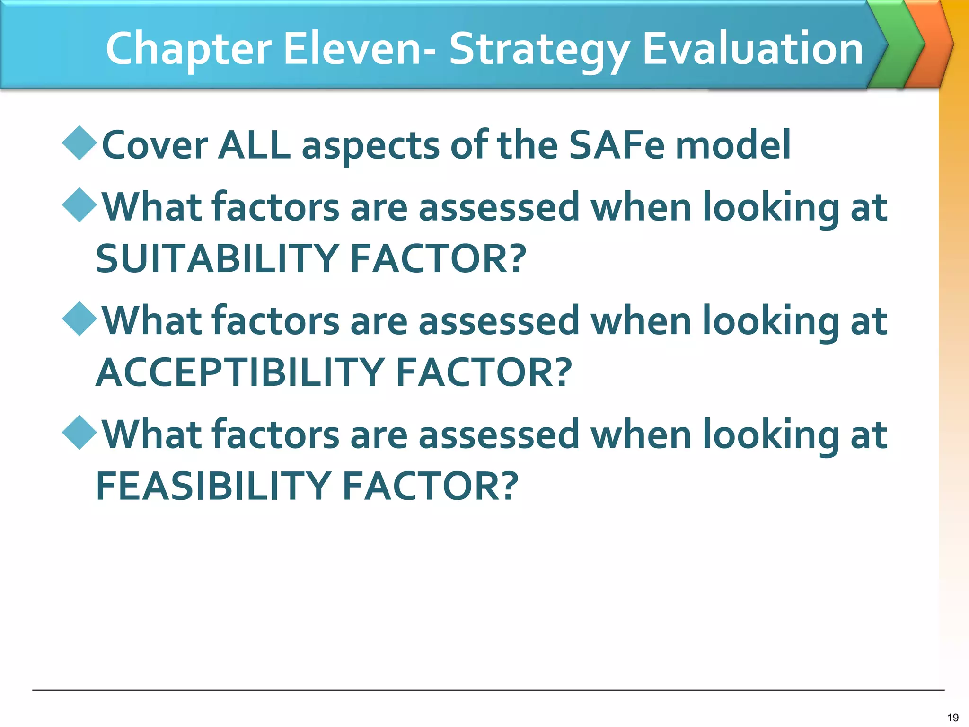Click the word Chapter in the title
click(x=188, y=49)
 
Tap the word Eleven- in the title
click(x=359, y=48)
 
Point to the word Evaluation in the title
click(x=753, y=48)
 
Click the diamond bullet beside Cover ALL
click(x=79, y=143)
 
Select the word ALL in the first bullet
click(x=254, y=145)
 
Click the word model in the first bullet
click(x=733, y=145)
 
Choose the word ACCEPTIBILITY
click(x=240, y=372)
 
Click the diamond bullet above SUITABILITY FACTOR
click(x=79, y=205)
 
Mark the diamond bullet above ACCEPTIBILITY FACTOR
click(x=79, y=319)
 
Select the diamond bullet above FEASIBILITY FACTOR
click(x=79, y=433)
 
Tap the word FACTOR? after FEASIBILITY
click(x=430, y=486)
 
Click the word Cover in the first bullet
click(x=155, y=145)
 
